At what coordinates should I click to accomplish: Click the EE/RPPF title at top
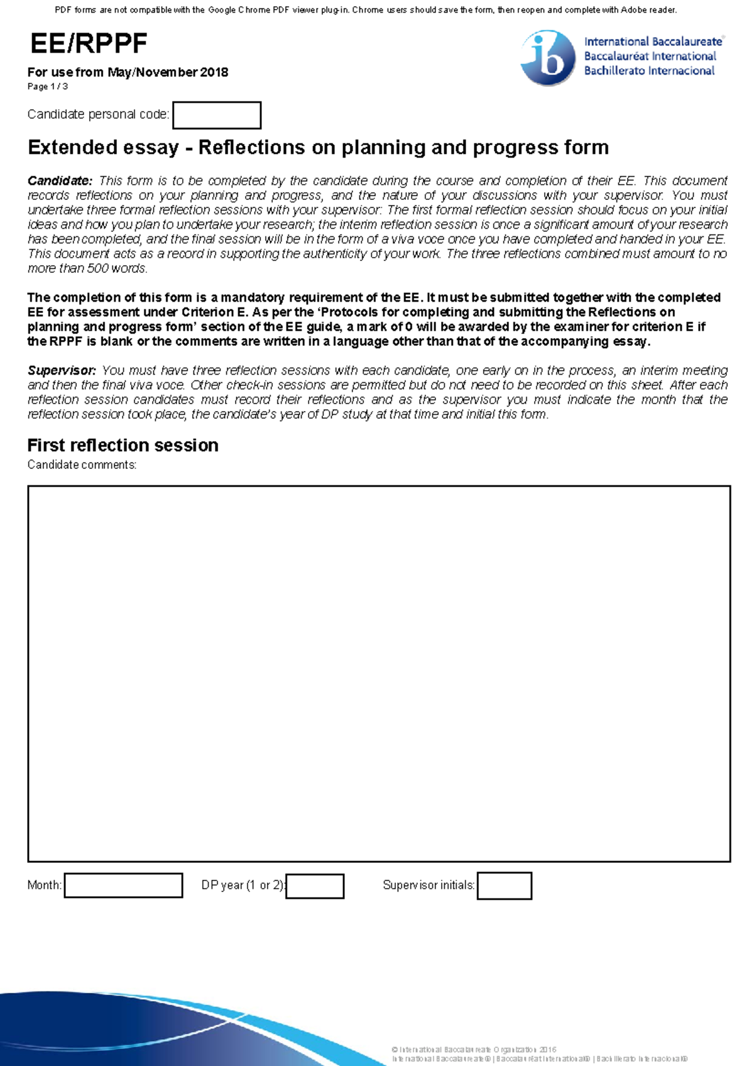(x=89, y=44)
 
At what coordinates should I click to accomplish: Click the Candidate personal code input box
(x=217, y=116)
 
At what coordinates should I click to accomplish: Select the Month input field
(x=123, y=886)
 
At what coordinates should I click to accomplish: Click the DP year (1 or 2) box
(x=315, y=886)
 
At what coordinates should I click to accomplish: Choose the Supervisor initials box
(x=504, y=886)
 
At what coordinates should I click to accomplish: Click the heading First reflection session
(x=123, y=446)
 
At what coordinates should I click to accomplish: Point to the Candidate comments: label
(x=82, y=465)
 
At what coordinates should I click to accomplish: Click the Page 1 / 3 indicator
(x=48, y=87)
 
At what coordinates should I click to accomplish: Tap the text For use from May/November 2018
(x=128, y=72)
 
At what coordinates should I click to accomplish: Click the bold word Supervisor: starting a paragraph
(x=62, y=371)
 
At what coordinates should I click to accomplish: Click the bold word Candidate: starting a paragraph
(x=60, y=181)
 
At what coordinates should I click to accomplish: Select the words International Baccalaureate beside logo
(x=653, y=42)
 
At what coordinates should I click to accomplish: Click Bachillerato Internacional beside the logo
(x=649, y=71)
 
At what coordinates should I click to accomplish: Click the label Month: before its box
(x=44, y=886)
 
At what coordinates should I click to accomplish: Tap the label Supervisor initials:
(x=429, y=886)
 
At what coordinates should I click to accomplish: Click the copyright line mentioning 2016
(x=473, y=1050)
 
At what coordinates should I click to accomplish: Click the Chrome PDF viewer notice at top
(x=366, y=10)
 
